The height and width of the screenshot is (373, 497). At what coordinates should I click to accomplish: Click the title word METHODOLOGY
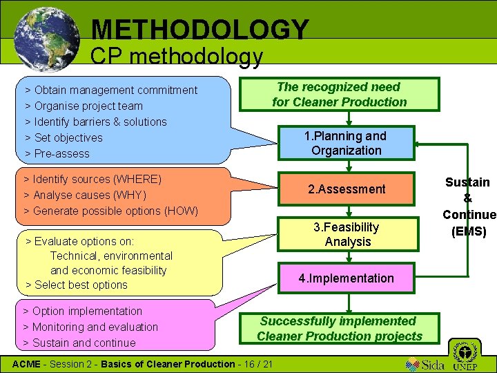(x=200, y=29)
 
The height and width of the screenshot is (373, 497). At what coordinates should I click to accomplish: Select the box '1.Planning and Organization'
(x=346, y=143)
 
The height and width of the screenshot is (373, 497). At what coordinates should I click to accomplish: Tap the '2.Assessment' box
(x=347, y=189)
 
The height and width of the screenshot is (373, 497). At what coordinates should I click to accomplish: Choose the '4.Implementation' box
(x=347, y=278)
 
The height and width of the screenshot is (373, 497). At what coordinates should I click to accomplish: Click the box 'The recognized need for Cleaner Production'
(x=339, y=95)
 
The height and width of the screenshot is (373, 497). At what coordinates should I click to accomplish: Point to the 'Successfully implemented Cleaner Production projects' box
(x=339, y=329)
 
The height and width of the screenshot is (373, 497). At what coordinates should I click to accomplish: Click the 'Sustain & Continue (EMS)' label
(x=468, y=207)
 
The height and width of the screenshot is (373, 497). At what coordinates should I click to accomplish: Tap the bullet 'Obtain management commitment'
(x=115, y=90)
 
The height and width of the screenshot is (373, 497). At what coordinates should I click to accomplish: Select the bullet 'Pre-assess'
(x=62, y=153)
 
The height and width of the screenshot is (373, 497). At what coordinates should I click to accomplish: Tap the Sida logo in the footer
(x=422, y=363)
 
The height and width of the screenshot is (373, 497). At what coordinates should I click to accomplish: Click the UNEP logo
(x=467, y=356)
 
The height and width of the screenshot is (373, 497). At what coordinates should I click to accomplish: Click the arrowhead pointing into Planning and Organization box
(x=420, y=144)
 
